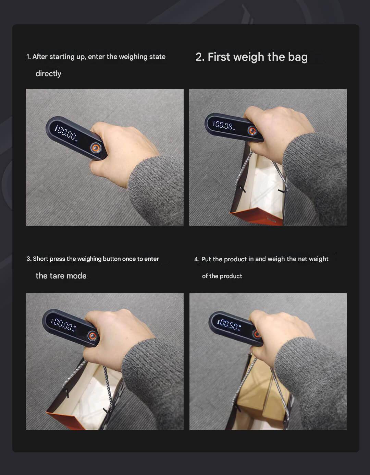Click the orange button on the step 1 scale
click(x=96, y=147)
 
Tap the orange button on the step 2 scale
click(x=252, y=131)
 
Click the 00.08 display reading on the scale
click(x=224, y=125)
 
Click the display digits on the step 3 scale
click(x=63, y=325)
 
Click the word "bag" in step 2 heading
click(x=298, y=57)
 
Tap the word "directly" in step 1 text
click(x=48, y=74)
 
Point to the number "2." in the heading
click(x=200, y=57)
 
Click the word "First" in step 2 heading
click(x=219, y=57)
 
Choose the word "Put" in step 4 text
click(x=206, y=259)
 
